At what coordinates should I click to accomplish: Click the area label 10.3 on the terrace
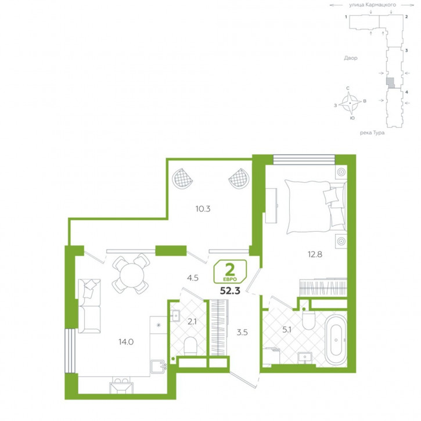pos(203,208)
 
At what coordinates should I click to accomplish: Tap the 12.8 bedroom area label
pos(315,254)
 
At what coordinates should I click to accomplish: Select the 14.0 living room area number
pos(126,342)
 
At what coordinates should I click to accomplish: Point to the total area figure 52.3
pos(230,290)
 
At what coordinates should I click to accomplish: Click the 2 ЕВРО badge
pos(230,271)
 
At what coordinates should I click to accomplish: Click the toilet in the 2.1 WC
pos(190,346)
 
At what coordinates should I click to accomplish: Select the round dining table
pos(132,275)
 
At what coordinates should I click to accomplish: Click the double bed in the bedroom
pos(316,207)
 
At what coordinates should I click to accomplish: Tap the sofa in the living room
pos(89,306)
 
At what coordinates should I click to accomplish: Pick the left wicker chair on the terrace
pos(182,178)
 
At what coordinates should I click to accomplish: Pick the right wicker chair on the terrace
pos(239,178)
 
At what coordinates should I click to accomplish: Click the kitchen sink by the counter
pos(158,366)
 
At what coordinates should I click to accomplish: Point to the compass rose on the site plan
pos(350,103)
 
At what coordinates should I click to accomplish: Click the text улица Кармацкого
pos(372,5)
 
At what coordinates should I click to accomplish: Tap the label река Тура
pos(372,132)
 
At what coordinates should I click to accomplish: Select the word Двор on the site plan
pos(351,58)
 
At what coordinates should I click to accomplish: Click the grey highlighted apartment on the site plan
pos(391,82)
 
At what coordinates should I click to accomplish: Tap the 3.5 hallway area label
pos(242,332)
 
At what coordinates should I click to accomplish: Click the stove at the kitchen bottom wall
pos(121,387)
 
